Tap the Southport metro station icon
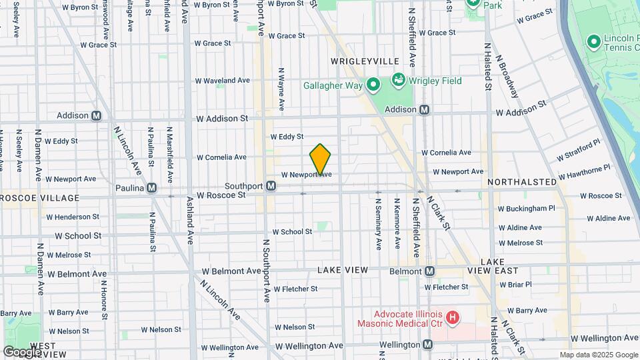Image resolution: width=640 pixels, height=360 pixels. tap(271, 186)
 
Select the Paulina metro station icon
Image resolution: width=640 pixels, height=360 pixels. tap(152, 188)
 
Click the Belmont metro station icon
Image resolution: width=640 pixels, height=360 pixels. tap(429, 271)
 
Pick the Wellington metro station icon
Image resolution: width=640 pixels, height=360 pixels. tap(427, 345)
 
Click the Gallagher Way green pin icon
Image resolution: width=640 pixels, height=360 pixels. tap(373, 85)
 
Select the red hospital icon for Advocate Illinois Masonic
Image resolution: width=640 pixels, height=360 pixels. tap(453, 318)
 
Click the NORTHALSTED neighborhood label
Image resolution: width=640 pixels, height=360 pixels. tap(521, 181)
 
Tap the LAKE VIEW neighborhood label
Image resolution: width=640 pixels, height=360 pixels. tap(342, 270)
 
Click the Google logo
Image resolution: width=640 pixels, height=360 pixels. tap(22, 351)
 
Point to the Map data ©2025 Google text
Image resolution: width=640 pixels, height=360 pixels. tap(598, 355)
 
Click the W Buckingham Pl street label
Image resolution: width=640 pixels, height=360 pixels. tap(527, 208)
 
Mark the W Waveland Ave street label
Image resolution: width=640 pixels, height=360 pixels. tap(222, 80)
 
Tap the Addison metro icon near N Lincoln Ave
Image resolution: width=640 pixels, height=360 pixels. tap(96, 115)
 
